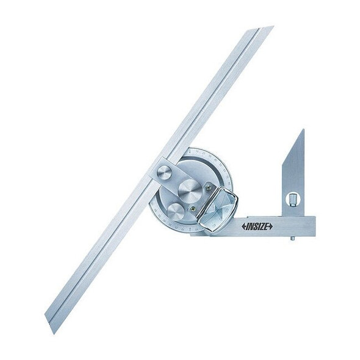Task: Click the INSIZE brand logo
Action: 257,226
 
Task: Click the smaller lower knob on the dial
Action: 173,211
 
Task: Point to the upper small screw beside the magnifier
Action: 209,187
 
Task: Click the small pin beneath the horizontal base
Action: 292,239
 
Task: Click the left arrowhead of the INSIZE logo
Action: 243,226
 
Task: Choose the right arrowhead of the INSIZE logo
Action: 270,226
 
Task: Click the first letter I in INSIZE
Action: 247,226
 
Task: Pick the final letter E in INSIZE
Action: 265,226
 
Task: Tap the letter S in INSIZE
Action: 254,226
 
